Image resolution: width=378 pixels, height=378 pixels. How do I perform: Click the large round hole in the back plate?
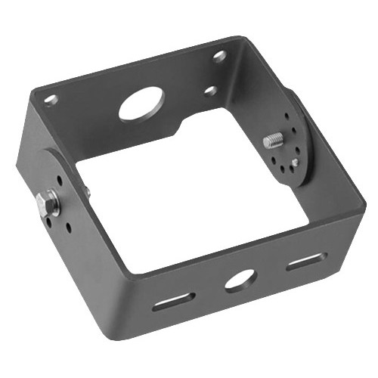tap(141, 104)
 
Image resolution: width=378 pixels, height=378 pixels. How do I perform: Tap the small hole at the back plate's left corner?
tap(50, 98)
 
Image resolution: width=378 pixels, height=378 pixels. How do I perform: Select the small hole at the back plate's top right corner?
tap(219, 55)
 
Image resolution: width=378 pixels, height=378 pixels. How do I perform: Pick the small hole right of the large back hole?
tap(211, 91)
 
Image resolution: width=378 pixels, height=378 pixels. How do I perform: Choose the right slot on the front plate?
tap(306, 261)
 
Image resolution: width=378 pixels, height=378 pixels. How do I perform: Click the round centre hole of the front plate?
tap(240, 278)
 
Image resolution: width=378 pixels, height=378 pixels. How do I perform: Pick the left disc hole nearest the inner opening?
tap(68, 227)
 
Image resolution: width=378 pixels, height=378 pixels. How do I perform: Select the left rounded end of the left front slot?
tap(157, 305)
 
